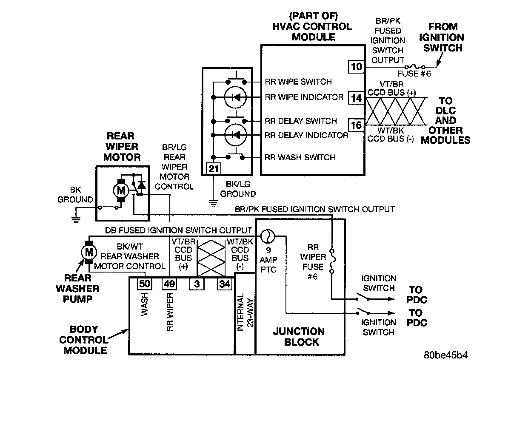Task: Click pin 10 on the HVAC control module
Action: [357, 66]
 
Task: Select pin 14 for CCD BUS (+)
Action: [357, 98]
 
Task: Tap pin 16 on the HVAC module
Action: [357, 125]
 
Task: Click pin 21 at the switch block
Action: [214, 169]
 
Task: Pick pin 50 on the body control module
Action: [144, 284]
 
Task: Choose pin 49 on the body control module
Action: [169, 284]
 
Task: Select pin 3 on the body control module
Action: [197, 284]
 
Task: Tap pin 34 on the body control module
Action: [224, 284]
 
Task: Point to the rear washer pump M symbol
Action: [89, 252]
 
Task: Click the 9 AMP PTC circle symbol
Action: [268, 235]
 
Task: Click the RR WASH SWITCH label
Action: [300, 158]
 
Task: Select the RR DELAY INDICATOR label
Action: [306, 135]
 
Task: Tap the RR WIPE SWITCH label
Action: [298, 82]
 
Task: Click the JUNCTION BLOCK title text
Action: [299, 337]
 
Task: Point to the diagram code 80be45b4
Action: [445, 355]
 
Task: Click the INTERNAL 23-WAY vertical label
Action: [245, 312]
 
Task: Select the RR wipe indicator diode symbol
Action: [235, 98]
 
